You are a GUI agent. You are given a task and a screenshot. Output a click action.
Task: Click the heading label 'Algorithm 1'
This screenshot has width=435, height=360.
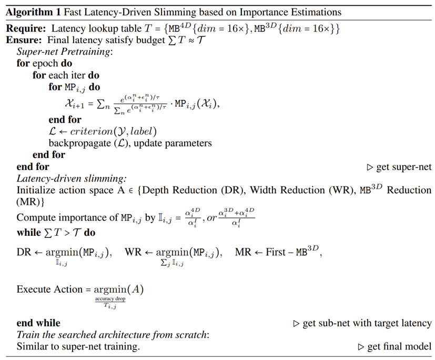[32, 11]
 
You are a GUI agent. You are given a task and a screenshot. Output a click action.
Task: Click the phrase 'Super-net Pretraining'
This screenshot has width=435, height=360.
[65, 51]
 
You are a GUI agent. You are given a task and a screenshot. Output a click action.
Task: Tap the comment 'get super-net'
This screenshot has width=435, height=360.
[404, 167]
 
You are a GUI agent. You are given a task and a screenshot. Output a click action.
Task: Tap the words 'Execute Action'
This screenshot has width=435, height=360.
[49, 289]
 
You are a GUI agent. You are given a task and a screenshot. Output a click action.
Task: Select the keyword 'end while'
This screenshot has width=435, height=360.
[38, 323]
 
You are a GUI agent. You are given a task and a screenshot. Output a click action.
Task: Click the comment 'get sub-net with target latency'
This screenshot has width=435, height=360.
[367, 323]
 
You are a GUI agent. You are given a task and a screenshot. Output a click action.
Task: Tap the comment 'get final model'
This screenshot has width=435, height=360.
[399, 346]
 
